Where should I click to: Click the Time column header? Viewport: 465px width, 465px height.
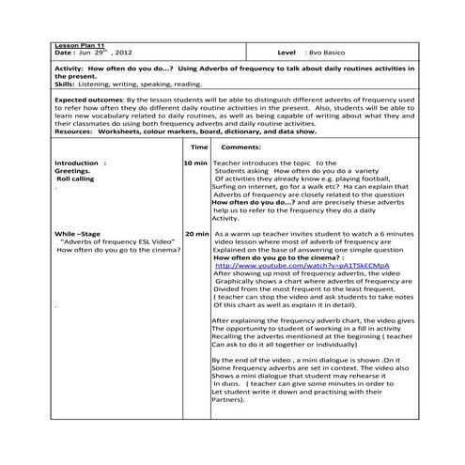point(199,148)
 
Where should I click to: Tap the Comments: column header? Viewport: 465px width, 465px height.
point(241,148)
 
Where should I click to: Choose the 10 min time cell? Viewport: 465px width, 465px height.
point(196,163)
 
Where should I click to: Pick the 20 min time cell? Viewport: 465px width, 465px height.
point(196,233)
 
